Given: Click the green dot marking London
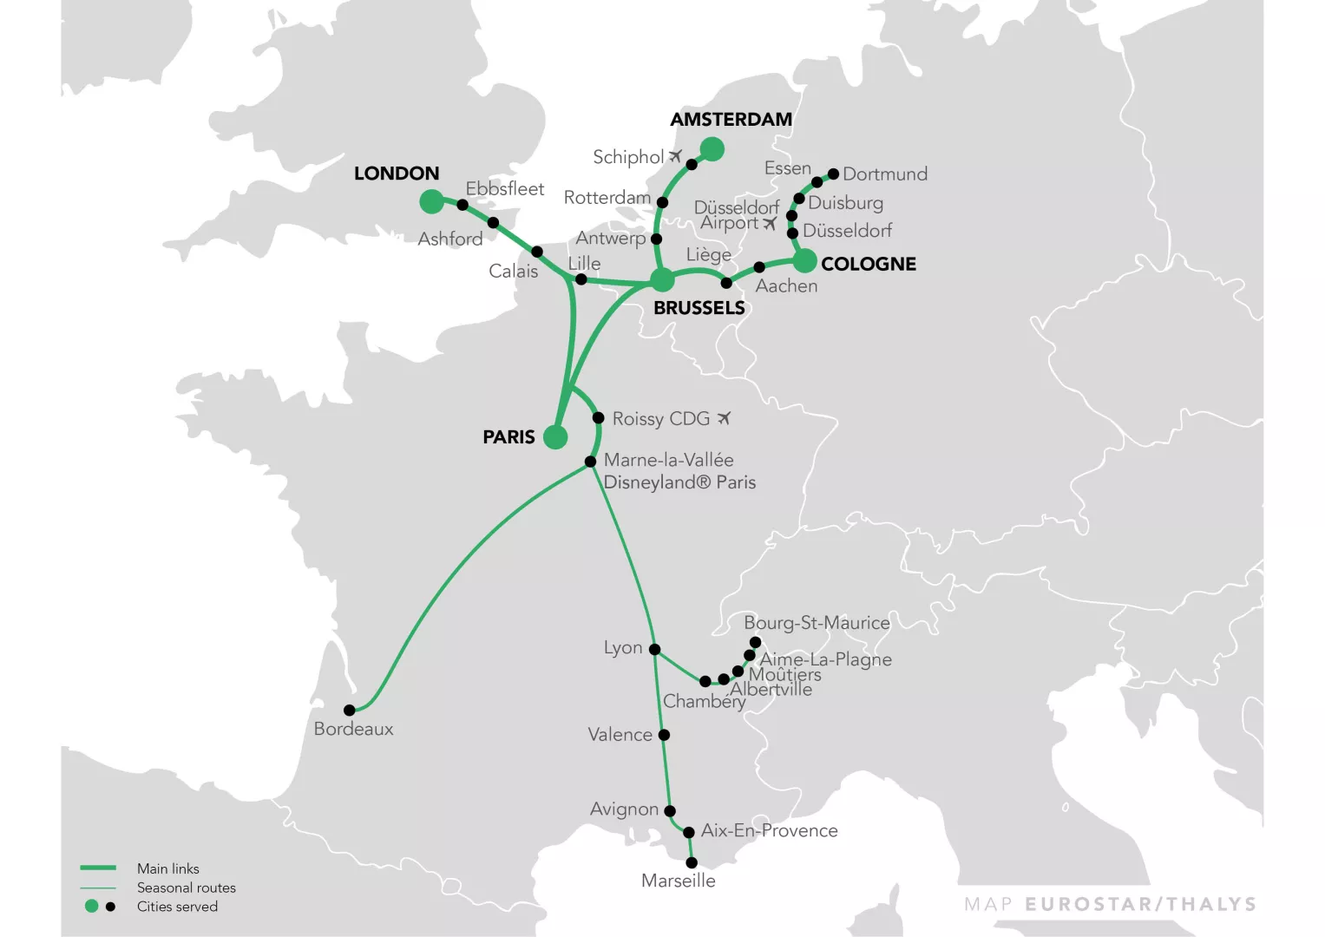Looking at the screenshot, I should [431, 202].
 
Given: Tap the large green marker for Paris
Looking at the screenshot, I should [555, 437].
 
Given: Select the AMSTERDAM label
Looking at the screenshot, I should [731, 120].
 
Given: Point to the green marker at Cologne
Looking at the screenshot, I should [805, 260].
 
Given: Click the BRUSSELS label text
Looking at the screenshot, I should [699, 308].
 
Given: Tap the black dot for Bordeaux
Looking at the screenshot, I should [349, 711].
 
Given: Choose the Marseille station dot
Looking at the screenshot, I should [692, 863].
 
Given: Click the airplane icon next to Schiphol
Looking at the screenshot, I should [676, 156].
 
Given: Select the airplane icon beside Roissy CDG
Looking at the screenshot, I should [724, 418].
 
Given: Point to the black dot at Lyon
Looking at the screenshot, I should [655, 649].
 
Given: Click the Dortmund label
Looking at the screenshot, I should [884, 174].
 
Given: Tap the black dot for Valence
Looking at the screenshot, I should [664, 735].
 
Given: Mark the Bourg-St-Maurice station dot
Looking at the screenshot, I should [755, 643].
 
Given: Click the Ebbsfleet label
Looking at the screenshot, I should [504, 189].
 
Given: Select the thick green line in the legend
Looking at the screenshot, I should [98, 868].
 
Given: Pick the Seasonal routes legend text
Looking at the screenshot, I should [186, 888].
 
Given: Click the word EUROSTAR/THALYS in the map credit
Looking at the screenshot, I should [1140, 905].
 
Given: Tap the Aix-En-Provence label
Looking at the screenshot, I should [769, 831].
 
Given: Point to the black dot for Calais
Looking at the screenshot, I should [537, 252].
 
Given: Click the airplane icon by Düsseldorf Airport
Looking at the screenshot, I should [770, 224].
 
